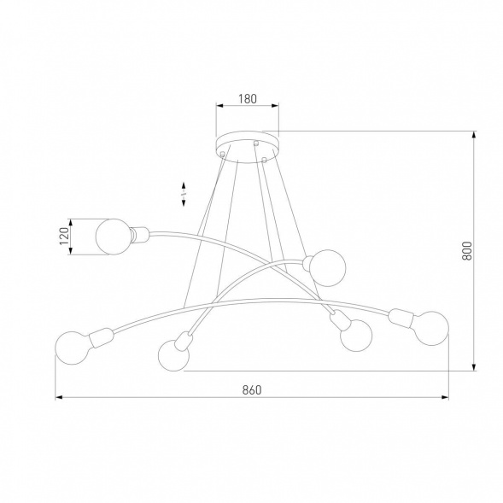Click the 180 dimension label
pyautogui.click(x=247, y=98)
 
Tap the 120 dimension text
pyautogui.click(x=62, y=237)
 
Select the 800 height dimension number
pyautogui.click(x=466, y=249)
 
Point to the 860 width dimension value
pyautogui.click(x=251, y=389)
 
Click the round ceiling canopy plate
pyautogui.click(x=247, y=141)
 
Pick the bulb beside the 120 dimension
pyautogui.click(x=112, y=237)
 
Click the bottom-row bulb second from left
pyautogui.click(x=173, y=354)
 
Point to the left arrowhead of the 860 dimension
pyautogui.click(x=59, y=397)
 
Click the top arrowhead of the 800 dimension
pyautogui.click(x=474, y=135)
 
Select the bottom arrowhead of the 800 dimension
pyautogui.click(x=474, y=368)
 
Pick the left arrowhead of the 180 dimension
pyautogui.click(x=218, y=106)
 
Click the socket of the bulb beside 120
pyautogui.click(x=140, y=231)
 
